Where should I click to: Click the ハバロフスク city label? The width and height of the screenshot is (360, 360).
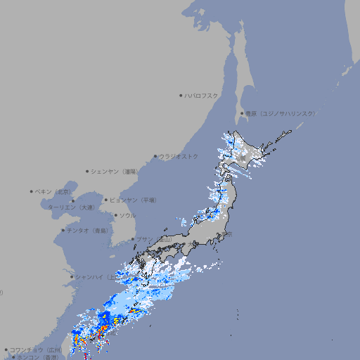(x=202, y=96)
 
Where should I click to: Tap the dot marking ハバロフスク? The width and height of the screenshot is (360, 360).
(x=181, y=96)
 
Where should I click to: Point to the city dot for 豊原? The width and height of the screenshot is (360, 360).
(x=242, y=113)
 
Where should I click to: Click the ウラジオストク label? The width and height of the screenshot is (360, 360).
(x=179, y=156)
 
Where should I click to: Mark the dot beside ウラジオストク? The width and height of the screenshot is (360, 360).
(x=155, y=157)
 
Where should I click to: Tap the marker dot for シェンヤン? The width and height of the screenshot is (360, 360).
(x=88, y=171)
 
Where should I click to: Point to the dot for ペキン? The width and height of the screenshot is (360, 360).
(x=32, y=191)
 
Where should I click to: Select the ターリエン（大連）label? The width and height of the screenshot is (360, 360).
(x=71, y=207)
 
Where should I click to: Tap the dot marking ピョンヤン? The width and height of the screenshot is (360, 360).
(x=106, y=200)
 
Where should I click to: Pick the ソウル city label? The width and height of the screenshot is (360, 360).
(x=127, y=215)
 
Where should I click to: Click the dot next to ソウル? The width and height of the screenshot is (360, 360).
(x=115, y=215)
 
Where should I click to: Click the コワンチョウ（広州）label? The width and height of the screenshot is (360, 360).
(x=36, y=349)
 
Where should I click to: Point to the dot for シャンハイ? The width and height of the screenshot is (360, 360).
(x=71, y=277)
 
